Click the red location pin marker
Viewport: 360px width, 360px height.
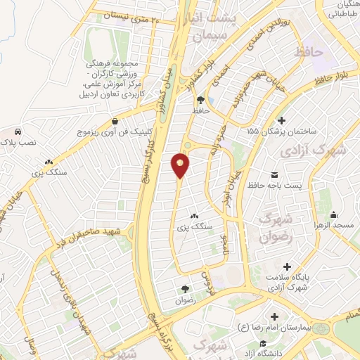[x=180, y=166]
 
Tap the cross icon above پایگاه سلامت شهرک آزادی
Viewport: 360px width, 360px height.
[x=287, y=266]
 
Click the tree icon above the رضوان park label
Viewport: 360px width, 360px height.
[x=186, y=288]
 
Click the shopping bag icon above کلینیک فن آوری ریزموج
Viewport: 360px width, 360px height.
[x=115, y=121]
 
